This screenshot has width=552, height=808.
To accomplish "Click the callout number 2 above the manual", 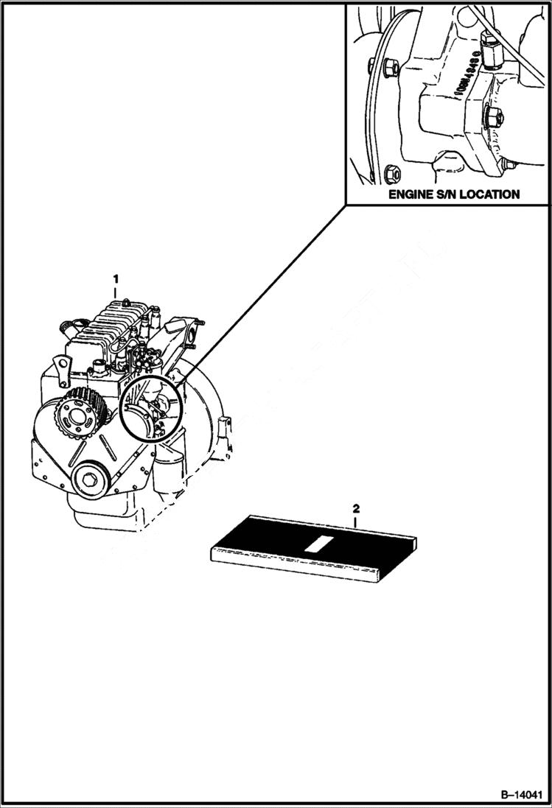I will [356, 508].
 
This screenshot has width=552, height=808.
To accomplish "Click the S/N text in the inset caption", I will [450, 194].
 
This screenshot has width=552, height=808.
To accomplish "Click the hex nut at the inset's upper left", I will [391, 68].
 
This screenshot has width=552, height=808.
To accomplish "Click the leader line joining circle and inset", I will [258, 295].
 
